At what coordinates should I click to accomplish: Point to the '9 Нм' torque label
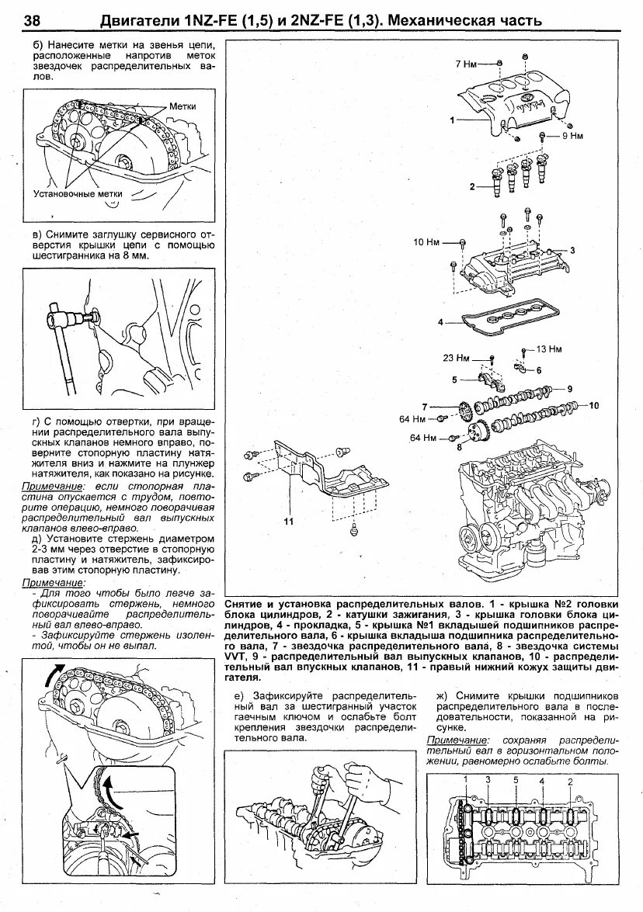pos(572,136)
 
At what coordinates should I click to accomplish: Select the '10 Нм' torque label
pos(426,243)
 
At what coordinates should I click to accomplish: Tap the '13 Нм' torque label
pos(548,349)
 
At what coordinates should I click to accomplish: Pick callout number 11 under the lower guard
pos(288,522)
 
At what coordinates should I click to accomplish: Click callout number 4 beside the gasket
pos(440,321)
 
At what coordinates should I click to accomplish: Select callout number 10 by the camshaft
pos(594,405)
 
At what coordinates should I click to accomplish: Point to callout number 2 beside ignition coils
pos(471,186)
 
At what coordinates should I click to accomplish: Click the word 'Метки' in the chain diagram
pos(181,106)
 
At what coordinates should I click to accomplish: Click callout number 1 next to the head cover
pos(450,120)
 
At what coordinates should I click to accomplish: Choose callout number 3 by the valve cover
pos(572,250)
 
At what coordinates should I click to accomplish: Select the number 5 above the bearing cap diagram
pos(514,778)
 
